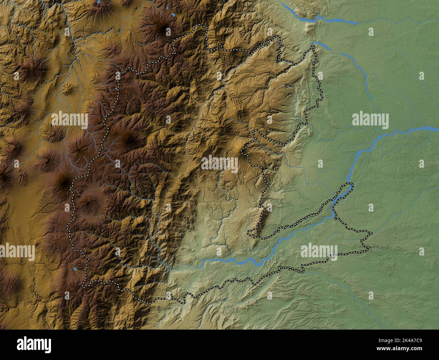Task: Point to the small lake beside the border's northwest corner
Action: [116, 89]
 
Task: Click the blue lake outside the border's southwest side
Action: [75, 269]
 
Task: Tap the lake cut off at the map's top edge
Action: [98, 2]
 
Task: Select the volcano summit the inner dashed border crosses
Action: [242, 150]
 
